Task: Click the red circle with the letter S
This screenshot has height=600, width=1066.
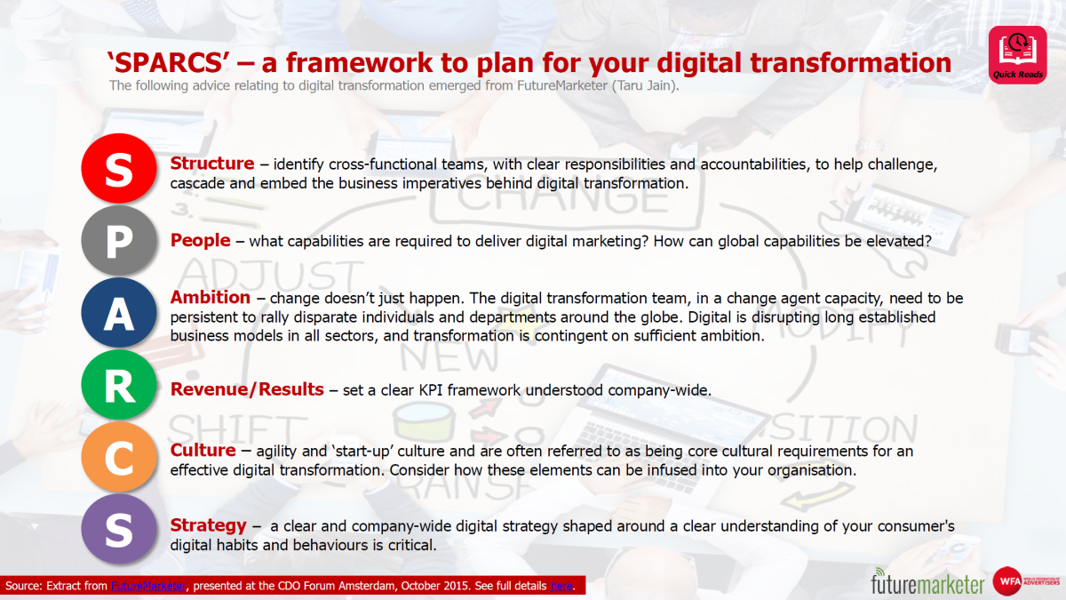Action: click(118, 171)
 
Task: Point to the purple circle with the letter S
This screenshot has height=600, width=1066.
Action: click(118, 529)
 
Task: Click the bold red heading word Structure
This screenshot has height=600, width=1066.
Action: click(212, 164)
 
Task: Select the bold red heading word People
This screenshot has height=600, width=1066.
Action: click(201, 240)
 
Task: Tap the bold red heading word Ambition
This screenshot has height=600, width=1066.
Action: click(211, 298)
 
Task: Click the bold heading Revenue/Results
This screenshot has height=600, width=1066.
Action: click(247, 389)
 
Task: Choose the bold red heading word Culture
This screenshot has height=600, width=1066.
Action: click(203, 451)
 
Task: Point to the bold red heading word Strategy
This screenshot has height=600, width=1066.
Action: click(208, 525)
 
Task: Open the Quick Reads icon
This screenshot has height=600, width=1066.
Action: click(1017, 54)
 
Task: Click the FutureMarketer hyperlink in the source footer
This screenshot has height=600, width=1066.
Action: click(149, 586)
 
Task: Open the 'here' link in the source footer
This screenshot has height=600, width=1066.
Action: click(561, 586)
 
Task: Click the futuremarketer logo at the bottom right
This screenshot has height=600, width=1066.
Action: click(927, 582)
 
